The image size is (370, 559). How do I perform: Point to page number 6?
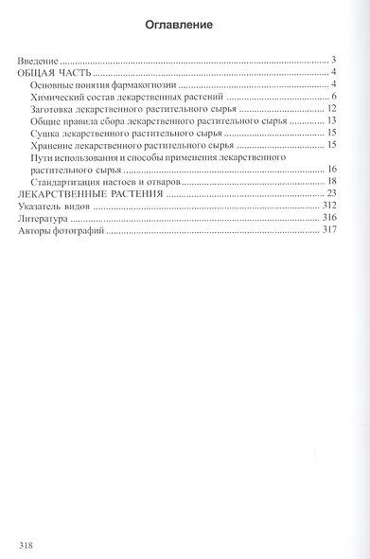tap(335, 98)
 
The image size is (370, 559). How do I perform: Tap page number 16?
tap(332, 170)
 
